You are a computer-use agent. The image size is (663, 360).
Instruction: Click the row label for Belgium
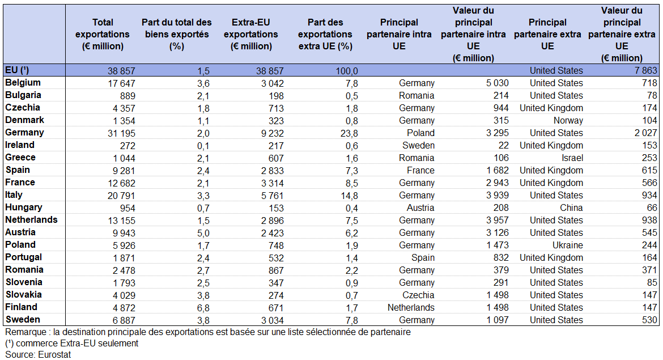tap(23, 83)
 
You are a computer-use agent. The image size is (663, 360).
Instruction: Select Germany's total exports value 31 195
tap(121, 133)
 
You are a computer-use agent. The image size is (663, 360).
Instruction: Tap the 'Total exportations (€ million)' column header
tap(103, 34)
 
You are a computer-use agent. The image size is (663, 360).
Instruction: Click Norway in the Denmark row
tap(568, 121)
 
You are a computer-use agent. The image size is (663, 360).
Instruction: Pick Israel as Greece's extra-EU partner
tap(572, 158)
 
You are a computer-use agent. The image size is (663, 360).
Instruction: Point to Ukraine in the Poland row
tap(567, 245)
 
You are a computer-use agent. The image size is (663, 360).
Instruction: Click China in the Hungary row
tap(571, 207)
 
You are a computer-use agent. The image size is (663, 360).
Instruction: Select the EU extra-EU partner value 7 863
tap(645, 71)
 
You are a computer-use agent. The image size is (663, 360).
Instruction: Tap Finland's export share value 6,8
tap(203, 308)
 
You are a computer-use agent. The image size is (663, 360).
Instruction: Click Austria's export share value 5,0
tap(203, 233)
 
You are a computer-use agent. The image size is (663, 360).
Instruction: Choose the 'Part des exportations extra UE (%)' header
tap(325, 34)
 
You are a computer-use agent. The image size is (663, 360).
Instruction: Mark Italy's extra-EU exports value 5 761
tap(273, 196)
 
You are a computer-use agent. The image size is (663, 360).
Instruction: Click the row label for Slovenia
tap(24, 282)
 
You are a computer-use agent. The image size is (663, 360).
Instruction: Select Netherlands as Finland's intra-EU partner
tap(411, 307)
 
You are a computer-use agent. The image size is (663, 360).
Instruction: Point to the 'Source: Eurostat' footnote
tap(38, 354)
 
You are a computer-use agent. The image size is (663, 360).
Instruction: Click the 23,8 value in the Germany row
tap(349, 133)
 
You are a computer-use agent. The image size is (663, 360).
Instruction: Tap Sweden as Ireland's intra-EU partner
tap(419, 146)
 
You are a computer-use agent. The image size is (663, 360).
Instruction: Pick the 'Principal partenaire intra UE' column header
tap(399, 34)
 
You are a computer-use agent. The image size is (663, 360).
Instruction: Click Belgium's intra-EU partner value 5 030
tap(498, 83)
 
